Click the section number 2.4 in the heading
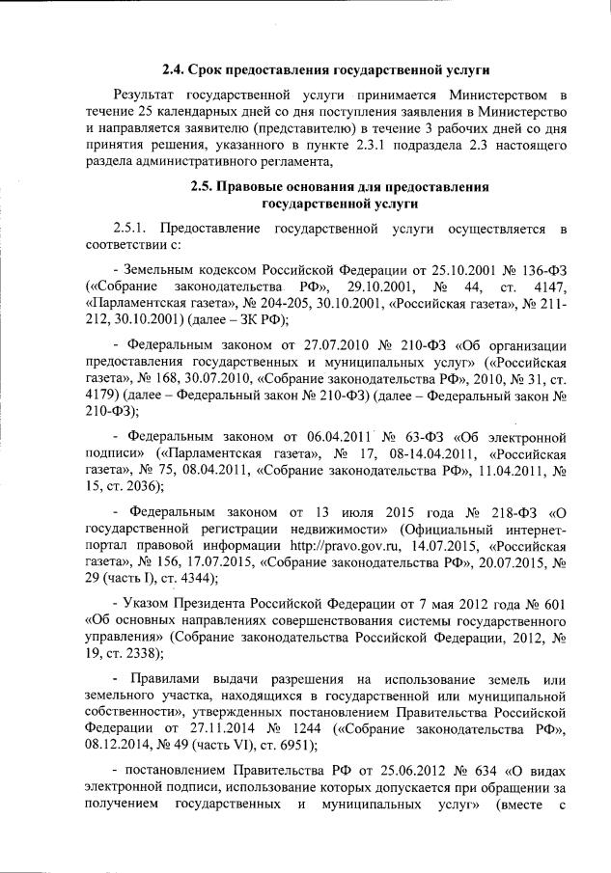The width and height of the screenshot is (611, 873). (173, 70)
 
